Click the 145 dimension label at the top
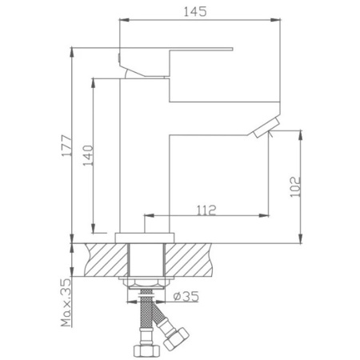pos(195,11)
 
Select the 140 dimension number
pos(88,155)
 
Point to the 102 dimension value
pos(295,186)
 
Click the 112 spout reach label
pos(206,210)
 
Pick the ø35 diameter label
pos(186,296)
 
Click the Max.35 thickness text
pos(66,302)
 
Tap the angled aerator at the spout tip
pos(266,128)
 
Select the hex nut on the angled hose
pos(176,339)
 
